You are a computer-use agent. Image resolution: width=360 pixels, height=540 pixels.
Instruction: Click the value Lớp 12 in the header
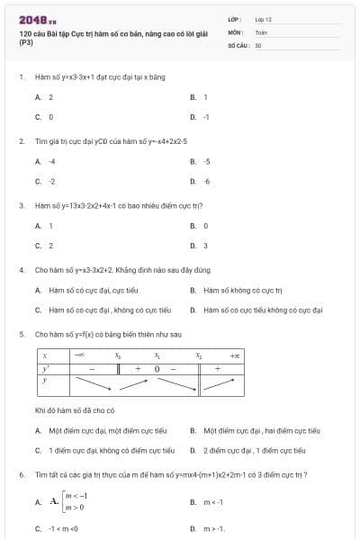[x=263, y=19]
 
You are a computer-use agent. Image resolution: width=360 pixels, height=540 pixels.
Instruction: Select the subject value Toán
[x=261, y=31]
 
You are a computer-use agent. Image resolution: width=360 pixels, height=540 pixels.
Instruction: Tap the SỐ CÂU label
[x=238, y=44]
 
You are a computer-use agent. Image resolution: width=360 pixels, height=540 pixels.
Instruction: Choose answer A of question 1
[x=45, y=97]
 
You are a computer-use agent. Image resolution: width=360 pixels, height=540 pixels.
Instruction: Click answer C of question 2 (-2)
[x=45, y=181]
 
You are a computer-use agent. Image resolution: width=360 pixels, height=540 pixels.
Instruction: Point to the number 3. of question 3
[x=22, y=205]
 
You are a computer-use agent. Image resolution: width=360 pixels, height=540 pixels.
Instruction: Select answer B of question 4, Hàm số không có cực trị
[x=236, y=290]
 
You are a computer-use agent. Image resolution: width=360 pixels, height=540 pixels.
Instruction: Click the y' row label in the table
[x=45, y=368]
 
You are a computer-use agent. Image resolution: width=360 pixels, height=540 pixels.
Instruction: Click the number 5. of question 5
[x=22, y=334]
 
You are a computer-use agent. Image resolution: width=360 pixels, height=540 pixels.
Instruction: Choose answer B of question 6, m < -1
[x=207, y=502]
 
